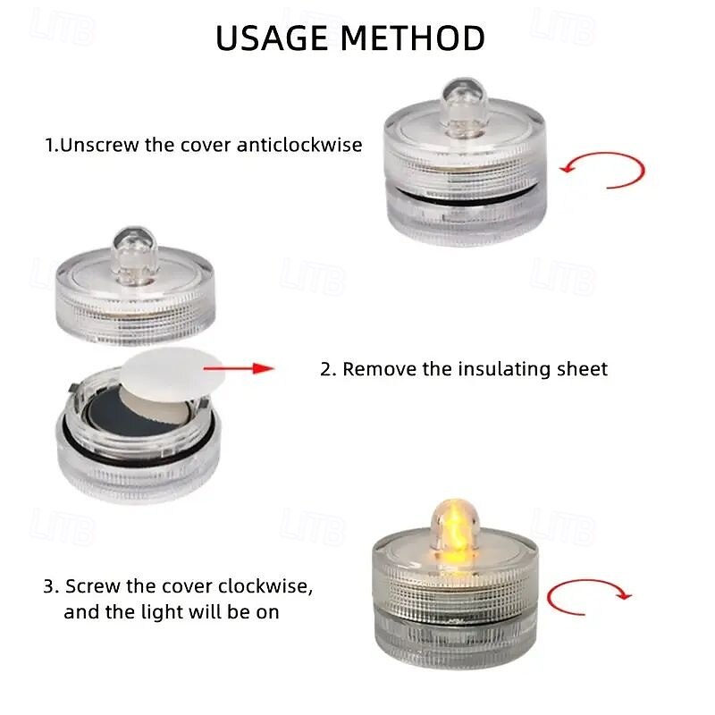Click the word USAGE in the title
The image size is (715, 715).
[x=272, y=38]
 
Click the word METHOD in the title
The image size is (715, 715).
[x=413, y=38]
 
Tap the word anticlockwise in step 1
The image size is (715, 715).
[x=299, y=145]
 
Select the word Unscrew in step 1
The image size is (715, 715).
[x=99, y=145]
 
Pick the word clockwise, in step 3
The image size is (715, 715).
[x=265, y=586]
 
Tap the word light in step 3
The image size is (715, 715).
[x=162, y=612]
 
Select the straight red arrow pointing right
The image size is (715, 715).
[x=239, y=368]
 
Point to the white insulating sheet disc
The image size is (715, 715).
[x=172, y=374]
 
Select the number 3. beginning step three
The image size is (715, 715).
[x=51, y=586]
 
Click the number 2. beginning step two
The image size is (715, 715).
[x=328, y=369]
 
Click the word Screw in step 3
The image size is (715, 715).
[x=93, y=586]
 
